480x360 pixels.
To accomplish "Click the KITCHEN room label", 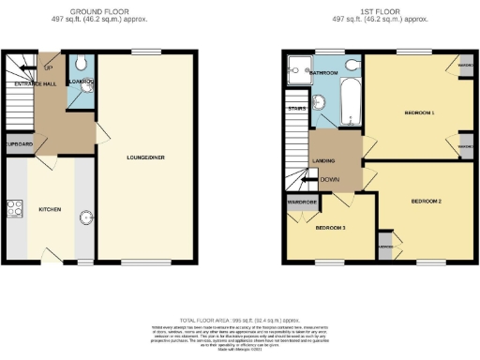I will click(x=49, y=210).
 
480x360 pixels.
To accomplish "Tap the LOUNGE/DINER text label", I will click(x=145, y=157).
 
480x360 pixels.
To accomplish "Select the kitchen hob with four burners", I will click(x=14, y=209).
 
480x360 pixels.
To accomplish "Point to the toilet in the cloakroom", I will click(x=82, y=63).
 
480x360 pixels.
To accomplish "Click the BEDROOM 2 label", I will click(x=425, y=202).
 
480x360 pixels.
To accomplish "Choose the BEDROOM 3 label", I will click(x=330, y=228).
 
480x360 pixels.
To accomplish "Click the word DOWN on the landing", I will click(x=329, y=179).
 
